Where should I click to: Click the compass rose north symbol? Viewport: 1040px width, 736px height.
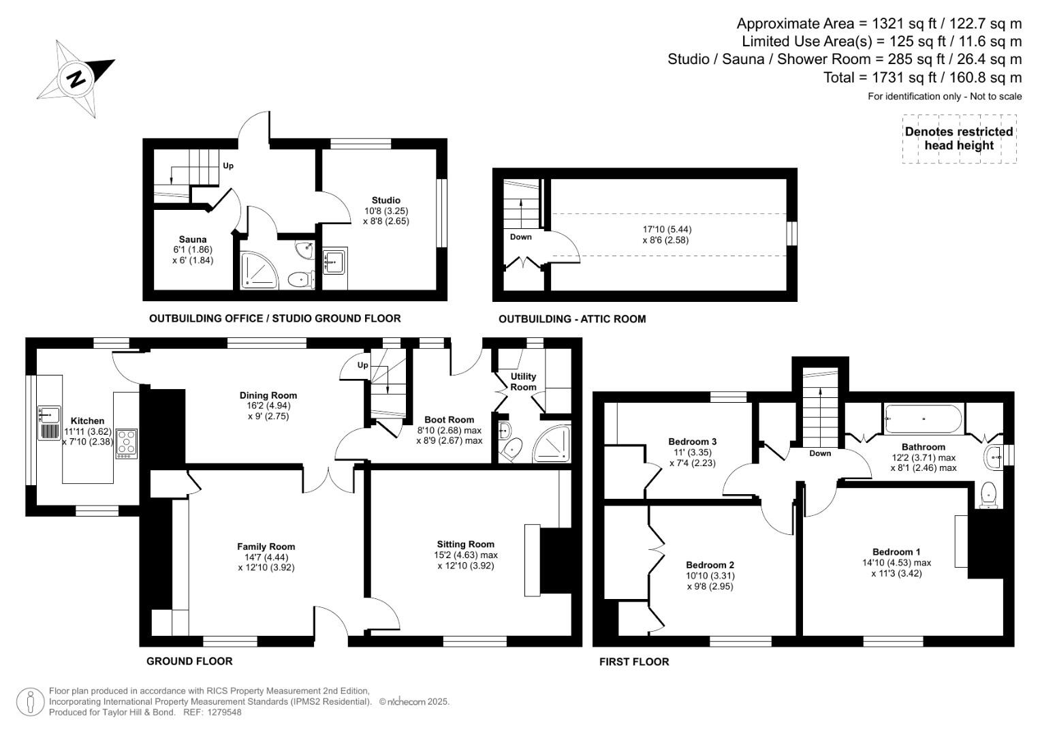point(75,78)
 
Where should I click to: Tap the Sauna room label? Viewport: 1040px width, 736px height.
point(193,239)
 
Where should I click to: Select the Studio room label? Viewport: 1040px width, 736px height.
point(385,200)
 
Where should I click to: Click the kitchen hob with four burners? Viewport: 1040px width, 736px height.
point(127,442)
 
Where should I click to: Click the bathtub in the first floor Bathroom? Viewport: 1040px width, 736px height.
point(924,418)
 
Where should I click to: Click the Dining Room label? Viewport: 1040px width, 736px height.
point(268,395)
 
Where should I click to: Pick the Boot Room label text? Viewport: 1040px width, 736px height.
point(449,420)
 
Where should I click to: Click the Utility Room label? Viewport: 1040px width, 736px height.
point(523,382)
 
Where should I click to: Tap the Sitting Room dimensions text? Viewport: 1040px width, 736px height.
point(466,560)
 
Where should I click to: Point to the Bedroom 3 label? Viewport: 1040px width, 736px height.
point(692,442)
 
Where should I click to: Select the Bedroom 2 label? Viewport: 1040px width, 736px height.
point(710,565)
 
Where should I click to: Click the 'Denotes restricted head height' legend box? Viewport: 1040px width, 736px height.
point(959,138)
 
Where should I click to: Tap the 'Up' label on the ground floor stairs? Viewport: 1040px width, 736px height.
point(363,365)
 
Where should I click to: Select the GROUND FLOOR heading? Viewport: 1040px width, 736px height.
point(189,661)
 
